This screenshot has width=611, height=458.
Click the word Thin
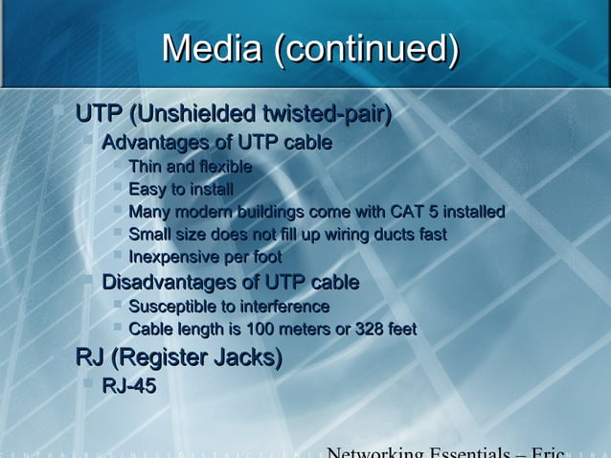pyautogui.click(x=146, y=168)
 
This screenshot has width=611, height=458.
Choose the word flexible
pyautogui.click(x=221, y=168)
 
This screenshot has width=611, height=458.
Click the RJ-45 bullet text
pyautogui.click(x=128, y=386)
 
